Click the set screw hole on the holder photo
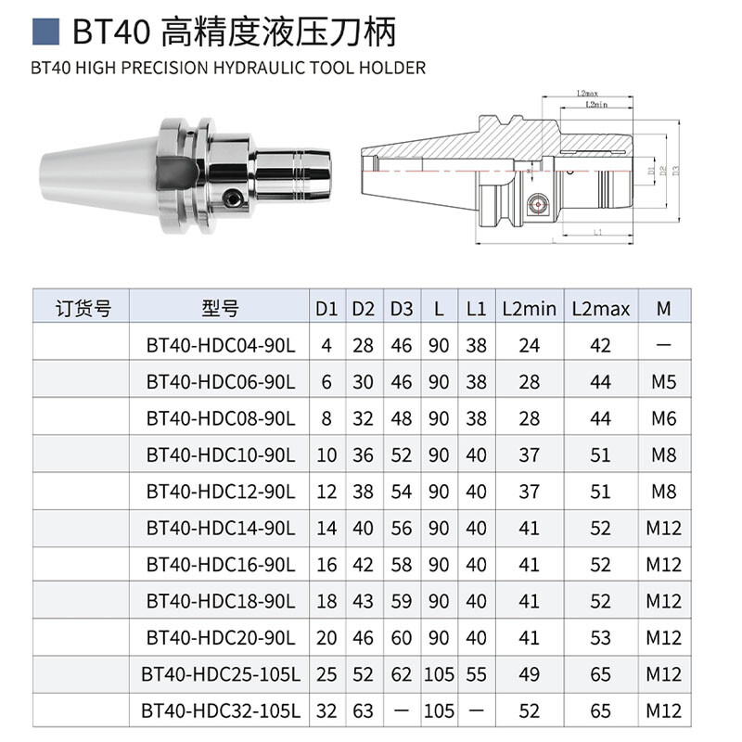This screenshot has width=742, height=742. click(x=232, y=197)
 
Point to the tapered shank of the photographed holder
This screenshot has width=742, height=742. click(x=93, y=167)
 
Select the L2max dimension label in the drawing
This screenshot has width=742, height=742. click(x=585, y=94)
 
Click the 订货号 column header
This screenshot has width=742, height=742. click(x=83, y=308)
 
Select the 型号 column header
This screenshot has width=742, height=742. click(x=220, y=308)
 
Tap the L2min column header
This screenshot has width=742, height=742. click(x=530, y=308)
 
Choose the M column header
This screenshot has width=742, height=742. click(x=663, y=308)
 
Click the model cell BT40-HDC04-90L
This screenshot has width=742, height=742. click(x=220, y=345)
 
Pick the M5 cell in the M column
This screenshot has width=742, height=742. click(x=663, y=381)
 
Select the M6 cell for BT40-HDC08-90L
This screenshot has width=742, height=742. click(x=663, y=418)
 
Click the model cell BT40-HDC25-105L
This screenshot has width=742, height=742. click(x=220, y=674)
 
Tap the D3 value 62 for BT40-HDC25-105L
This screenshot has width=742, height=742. click(x=401, y=674)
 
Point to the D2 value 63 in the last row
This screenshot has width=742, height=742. click(x=363, y=711)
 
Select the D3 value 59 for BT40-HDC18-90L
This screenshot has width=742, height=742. click(x=401, y=601)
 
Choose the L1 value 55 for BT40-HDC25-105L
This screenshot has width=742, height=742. click(x=476, y=674)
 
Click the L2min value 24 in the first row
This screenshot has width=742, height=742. click(x=530, y=345)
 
